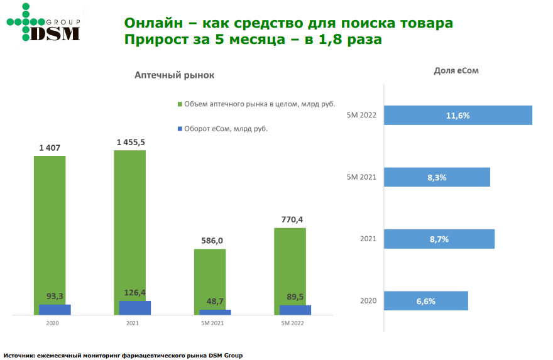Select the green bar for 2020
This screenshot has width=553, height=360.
[x=50, y=226]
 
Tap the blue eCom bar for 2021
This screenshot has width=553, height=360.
[x=135, y=308]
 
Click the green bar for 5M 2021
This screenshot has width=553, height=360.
[x=210, y=276]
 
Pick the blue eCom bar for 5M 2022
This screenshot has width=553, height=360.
[x=295, y=309]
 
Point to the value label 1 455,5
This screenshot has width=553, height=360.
[x=131, y=143]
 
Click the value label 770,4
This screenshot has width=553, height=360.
[x=292, y=219]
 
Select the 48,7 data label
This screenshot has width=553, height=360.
[x=214, y=302]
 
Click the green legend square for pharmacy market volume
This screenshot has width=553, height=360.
[x=180, y=104]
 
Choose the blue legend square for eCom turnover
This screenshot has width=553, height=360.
[x=180, y=129]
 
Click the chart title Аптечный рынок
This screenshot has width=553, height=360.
[x=174, y=75]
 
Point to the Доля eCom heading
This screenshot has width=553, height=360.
[x=456, y=70]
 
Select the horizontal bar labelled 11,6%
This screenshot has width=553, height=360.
[x=457, y=116]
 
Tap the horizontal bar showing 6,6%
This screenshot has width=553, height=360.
[x=425, y=301]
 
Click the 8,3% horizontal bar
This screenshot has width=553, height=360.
[x=436, y=177]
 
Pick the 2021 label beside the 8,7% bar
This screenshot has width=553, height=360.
[x=368, y=239]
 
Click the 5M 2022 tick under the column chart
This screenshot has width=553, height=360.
[x=293, y=323]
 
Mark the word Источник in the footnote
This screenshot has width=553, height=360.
[x=18, y=356]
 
